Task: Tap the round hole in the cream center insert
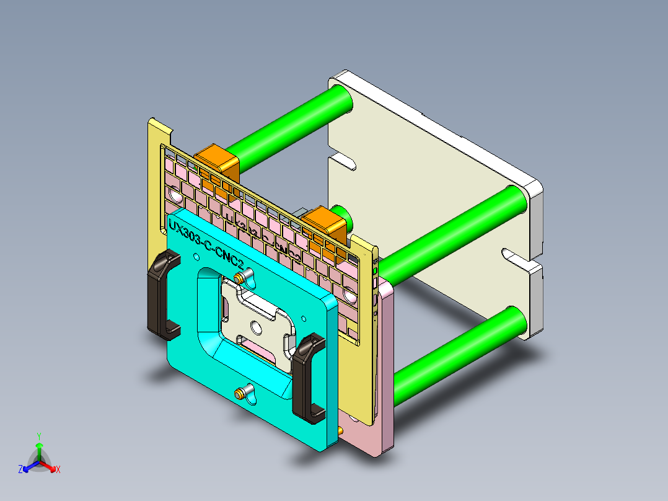[256, 327]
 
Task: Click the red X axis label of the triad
[58, 470]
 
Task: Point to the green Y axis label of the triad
[39, 436]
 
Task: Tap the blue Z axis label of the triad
[20, 470]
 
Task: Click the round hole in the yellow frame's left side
[175, 196]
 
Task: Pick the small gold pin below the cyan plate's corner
[341, 429]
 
